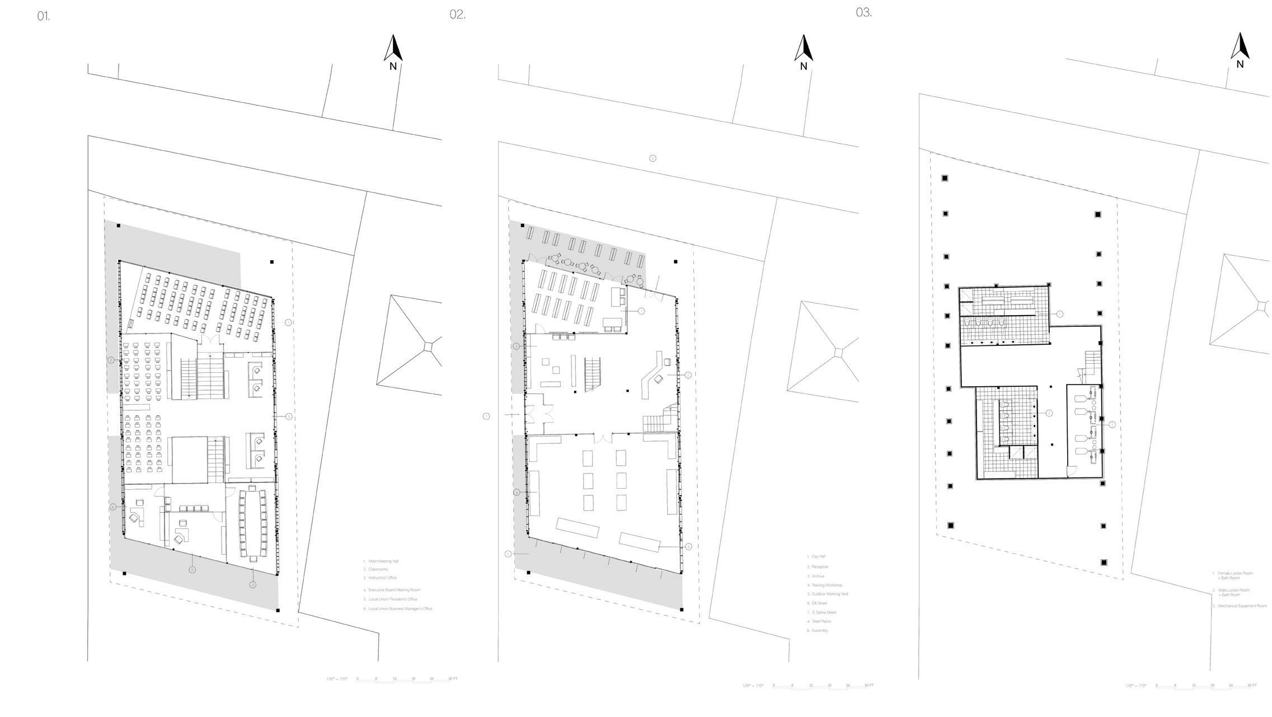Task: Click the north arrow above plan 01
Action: pos(393,49)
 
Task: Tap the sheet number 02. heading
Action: pos(457,15)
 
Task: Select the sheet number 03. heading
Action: pos(863,12)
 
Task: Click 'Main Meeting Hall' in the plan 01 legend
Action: pos(383,561)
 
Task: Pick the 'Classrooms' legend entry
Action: pos(378,569)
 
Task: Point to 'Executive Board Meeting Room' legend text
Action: pos(394,590)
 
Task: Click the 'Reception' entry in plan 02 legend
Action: pos(820,567)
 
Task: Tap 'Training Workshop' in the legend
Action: pos(827,585)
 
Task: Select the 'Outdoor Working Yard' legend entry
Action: pos(829,594)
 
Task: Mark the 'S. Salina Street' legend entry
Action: pos(824,612)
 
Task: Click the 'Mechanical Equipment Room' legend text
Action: pos(1242,606)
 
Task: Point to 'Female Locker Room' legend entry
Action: pos(1235,574)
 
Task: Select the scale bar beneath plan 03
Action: pos(1205,686)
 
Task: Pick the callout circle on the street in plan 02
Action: pos(653,158)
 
